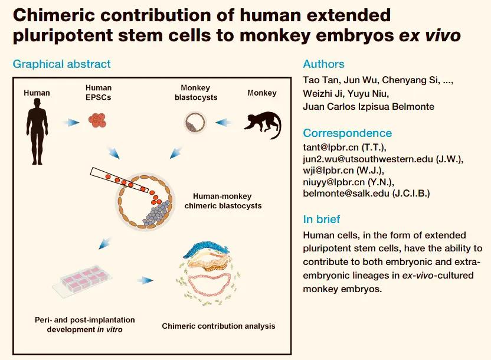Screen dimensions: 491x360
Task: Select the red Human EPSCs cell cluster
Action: coord(98,121)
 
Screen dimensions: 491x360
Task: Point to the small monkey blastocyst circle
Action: coord(192,123)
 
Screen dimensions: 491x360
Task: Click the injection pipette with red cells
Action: coord(121,179)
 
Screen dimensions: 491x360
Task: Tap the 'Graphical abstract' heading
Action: coord(61,64)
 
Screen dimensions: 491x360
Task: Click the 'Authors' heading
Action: coord(323,64)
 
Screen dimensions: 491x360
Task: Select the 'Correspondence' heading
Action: coord(347,133)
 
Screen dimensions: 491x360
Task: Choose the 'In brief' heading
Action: coord(322,219)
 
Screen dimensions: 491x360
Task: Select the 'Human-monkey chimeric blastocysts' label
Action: coord(222,201)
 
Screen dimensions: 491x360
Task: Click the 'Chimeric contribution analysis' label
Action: coord(218,326)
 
